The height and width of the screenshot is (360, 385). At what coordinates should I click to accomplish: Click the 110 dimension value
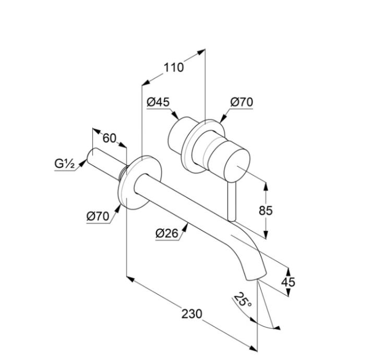[x=174, y=67]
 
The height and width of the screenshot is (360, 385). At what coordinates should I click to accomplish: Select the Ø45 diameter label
[x=158, y=102]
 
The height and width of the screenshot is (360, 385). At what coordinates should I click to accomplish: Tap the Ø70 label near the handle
[x=242, y=102]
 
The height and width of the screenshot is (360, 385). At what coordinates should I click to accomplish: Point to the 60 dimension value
[x=109, y=138]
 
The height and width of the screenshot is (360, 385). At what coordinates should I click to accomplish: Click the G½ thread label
[x=65, y=164]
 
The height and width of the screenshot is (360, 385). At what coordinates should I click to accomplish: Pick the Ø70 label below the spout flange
[x=98, y=215]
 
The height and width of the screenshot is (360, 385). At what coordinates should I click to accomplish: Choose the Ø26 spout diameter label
[x=166, y=234]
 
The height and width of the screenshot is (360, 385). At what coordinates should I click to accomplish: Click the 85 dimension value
[x=266, y=211]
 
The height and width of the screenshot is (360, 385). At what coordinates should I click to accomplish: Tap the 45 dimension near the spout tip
[x=288, y=282]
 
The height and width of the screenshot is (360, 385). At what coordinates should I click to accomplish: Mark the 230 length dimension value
[x=192, y=314]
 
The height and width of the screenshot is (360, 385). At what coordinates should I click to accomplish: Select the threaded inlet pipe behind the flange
[x=107, y=162]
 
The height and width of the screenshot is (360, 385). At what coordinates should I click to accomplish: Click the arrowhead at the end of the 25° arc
[x=278, y=328]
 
